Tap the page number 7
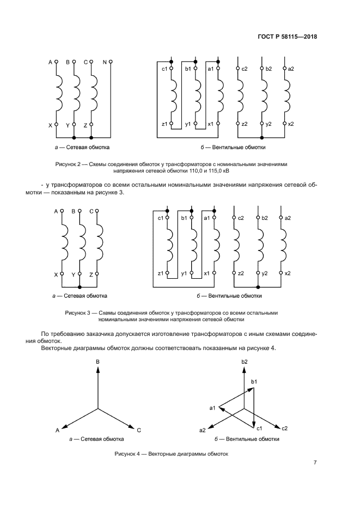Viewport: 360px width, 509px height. click(315, 463)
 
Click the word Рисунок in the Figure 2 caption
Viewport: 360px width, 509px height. click(67, 163)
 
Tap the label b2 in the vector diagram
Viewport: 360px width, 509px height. click(245, 362)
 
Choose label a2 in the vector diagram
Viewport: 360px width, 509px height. click(203, 430)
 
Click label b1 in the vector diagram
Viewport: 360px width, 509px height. click(254, 382)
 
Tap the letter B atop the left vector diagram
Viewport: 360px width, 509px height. click(97, 362)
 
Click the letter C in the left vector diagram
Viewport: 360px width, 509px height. click(139, 430)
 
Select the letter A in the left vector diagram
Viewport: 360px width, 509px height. click(57, 430)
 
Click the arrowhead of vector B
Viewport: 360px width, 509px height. click(97, 370)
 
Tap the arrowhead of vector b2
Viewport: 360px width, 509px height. click(245, 370)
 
